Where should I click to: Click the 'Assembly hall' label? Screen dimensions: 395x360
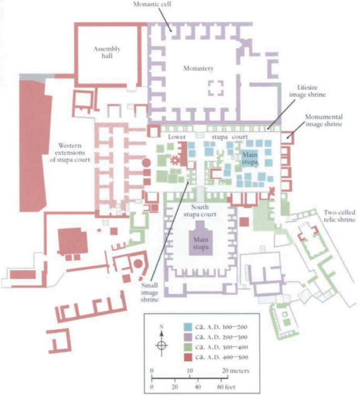pos(107,53)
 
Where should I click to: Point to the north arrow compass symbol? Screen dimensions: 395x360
pos(162,345)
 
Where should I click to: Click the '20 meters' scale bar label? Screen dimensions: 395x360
pos(235,371)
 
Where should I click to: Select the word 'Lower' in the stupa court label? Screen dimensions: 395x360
pos(176,137)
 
